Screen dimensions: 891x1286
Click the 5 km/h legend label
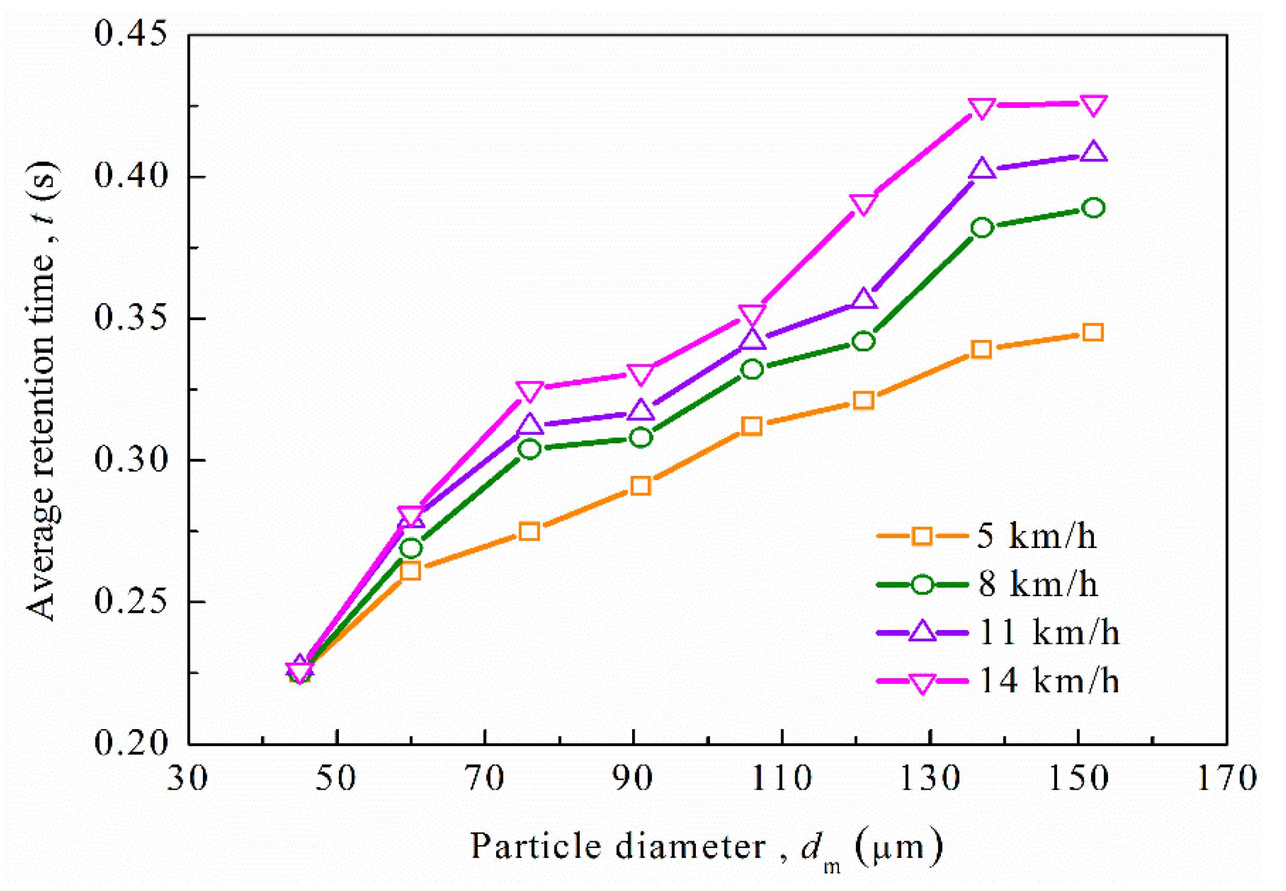(1036, 537)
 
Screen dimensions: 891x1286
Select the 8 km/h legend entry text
(1037, 584)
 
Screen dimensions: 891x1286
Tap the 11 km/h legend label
(1049, 633)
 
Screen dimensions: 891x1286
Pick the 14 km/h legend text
(1049, 680)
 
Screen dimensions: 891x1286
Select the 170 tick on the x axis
(1227, 778)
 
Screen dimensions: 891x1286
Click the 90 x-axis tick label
(633, 778)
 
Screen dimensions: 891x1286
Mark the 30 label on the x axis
(187, 778)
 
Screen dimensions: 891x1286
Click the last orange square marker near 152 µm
(1092, 333)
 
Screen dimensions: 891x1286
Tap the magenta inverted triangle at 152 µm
(1093, 105)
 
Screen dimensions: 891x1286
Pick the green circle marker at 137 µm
(982, 228)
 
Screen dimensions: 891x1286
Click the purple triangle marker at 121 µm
(864, 299)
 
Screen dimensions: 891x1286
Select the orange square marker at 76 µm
(529, 531)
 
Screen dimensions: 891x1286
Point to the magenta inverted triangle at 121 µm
(863, 204)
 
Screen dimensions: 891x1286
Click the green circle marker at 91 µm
(641, 437)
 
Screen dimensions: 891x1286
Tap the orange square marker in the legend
(922, 537)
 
